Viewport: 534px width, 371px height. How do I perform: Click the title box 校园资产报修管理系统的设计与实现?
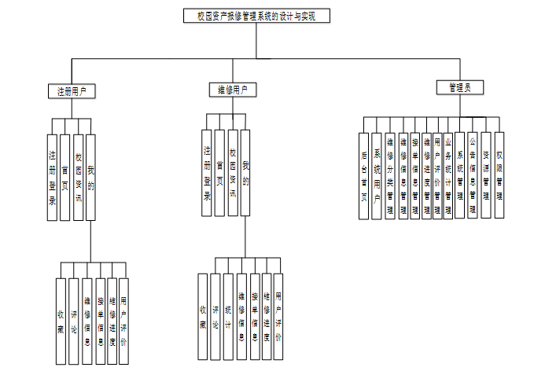(256, 15)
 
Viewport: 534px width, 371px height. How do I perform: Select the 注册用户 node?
(72, 91)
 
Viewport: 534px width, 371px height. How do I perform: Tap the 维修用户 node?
(232, 90)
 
